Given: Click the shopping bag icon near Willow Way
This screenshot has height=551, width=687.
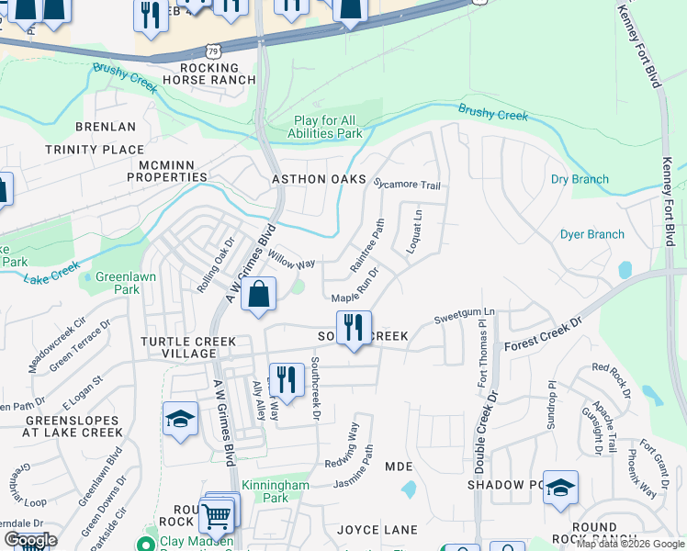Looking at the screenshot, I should coord(259,296).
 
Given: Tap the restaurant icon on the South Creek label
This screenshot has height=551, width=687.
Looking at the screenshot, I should coord(354,327).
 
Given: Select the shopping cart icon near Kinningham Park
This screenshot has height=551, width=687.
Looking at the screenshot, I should coord(216,516).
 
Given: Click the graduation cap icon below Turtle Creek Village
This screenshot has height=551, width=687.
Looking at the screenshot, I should coord(181,420).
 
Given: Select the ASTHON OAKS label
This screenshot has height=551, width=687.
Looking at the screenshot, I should coord(319,179).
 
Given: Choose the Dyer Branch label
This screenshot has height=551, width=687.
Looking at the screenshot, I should coord(591,234).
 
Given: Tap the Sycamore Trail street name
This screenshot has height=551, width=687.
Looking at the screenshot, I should coord(407,184).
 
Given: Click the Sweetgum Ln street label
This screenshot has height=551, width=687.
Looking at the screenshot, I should coord(464,314).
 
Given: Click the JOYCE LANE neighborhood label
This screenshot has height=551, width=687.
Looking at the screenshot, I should coord(377,530).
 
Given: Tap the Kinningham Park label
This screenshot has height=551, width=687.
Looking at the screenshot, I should coord(265,491).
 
